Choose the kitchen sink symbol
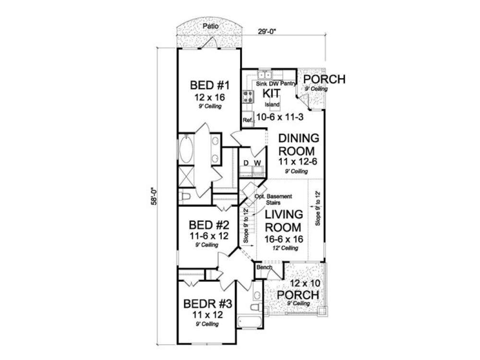pos(264,75)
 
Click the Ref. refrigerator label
pos(248,120)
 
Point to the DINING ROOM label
pos(299,144)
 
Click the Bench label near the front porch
pos(264,267)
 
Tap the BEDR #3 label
pos(208,304)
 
